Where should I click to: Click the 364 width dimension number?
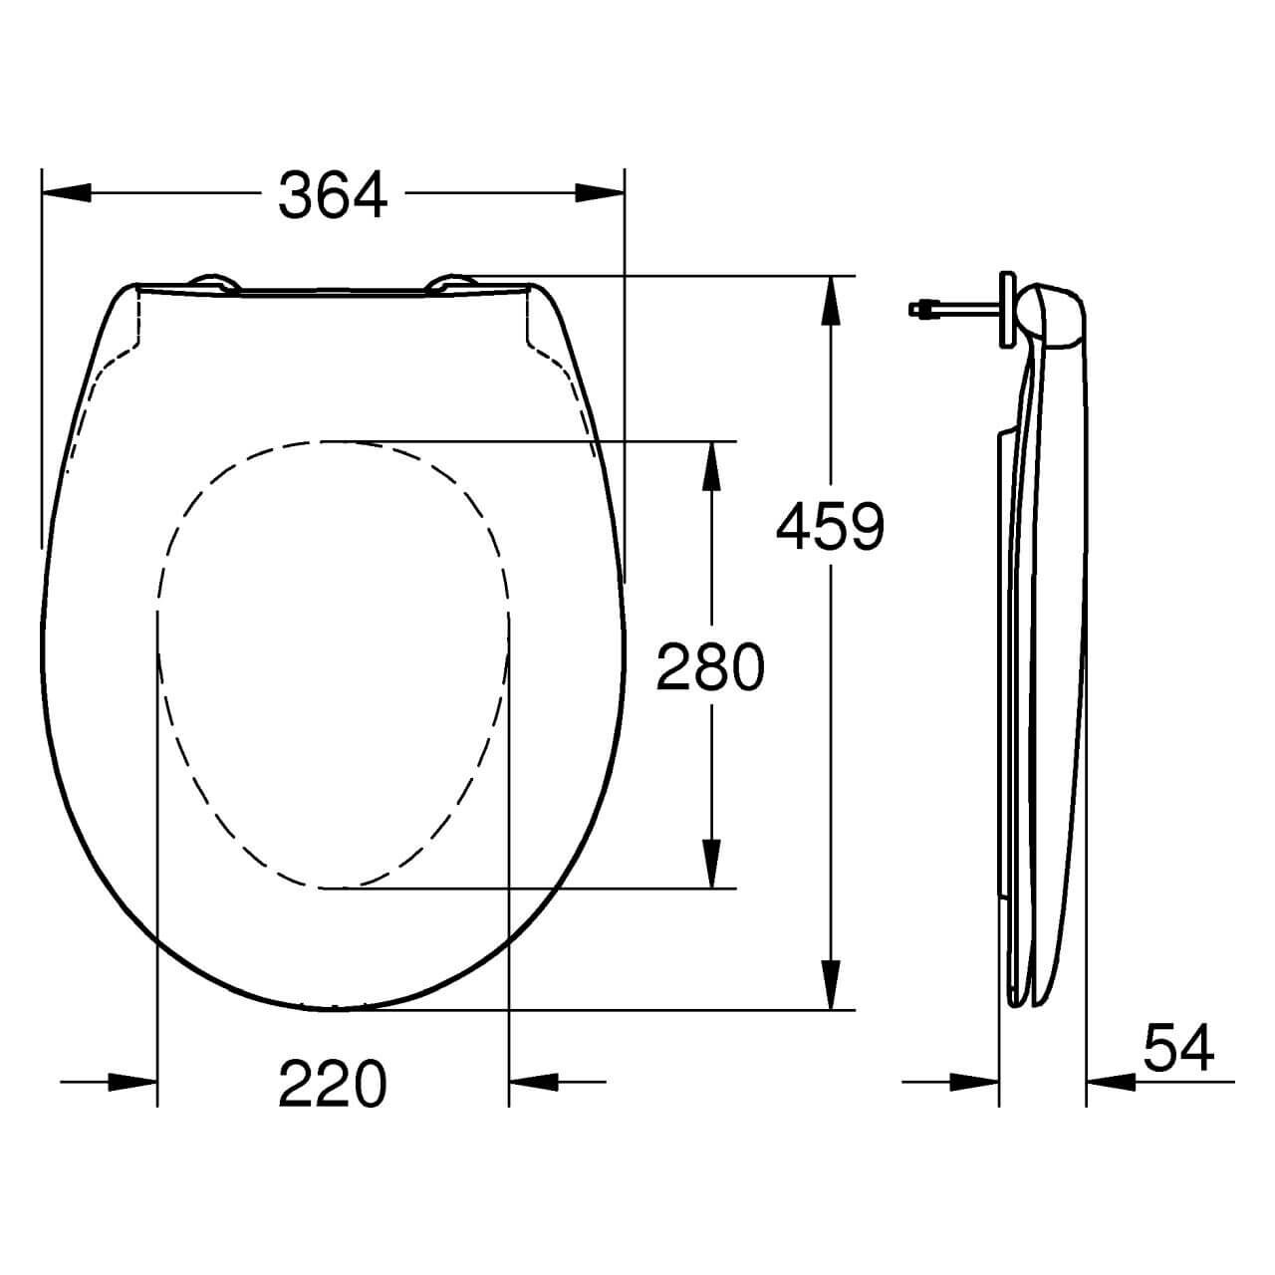point(333,194)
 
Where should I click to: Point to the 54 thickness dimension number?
point(1178,1048)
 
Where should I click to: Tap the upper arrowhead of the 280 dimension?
point(711,466)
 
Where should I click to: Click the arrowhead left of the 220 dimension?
point(133,1081)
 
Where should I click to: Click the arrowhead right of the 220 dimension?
point(533,1081)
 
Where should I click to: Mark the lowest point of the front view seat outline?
point(334,1009)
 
